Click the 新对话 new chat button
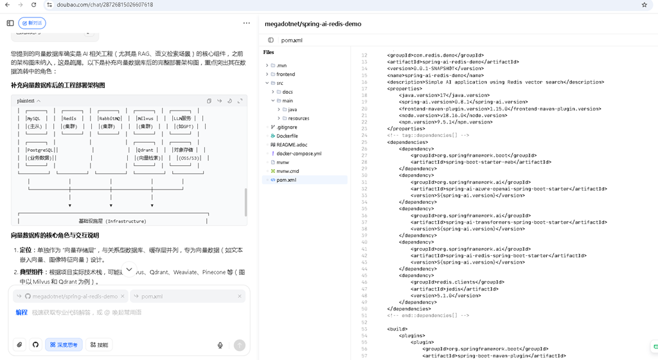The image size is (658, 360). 31,23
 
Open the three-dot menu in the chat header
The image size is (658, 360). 246,23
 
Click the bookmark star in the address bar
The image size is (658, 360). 644,4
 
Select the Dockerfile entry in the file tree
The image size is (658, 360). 287,136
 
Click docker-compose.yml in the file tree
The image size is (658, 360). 299,154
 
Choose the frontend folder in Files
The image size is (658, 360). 285,75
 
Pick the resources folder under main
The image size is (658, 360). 298,118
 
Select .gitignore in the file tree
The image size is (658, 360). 286,127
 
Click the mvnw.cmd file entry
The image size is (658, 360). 287,171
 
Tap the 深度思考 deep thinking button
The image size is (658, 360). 64,345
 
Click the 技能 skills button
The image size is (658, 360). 99,345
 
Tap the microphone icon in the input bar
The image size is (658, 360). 220,345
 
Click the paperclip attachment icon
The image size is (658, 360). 19,345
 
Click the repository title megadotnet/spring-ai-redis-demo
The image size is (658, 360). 313,24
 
